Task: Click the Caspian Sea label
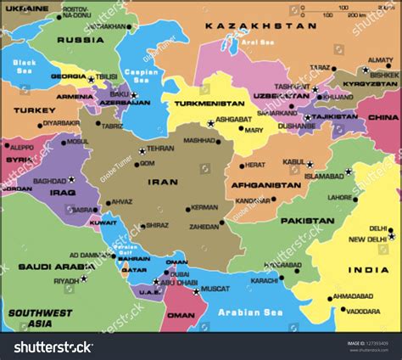[x=136, y=76]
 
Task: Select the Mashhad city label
[x=200, y=141]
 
